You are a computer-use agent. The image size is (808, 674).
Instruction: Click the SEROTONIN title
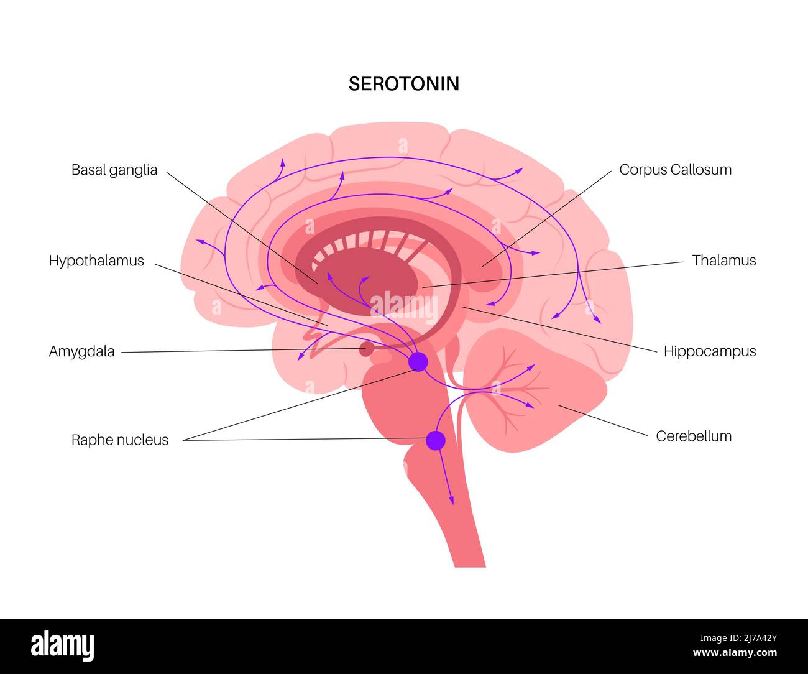403,84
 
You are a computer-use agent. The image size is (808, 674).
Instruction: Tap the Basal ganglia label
114,170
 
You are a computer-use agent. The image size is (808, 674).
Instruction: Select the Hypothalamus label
96,261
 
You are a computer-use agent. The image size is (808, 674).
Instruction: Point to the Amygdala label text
81,352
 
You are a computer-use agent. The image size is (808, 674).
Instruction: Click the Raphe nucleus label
120,440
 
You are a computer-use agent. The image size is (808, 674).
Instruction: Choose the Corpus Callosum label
675,170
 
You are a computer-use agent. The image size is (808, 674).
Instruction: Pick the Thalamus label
724,261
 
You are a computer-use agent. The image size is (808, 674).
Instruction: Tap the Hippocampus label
710,351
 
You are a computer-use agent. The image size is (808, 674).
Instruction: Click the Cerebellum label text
694,436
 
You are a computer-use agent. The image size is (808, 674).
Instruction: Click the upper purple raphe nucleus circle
418,362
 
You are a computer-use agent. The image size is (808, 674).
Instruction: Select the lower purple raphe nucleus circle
436,440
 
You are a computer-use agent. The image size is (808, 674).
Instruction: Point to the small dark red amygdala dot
367,349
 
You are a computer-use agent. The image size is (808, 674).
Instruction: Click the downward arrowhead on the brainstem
452,500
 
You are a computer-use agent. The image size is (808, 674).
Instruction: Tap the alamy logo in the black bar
63,645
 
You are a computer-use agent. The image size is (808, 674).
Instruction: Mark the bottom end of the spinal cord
470,564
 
